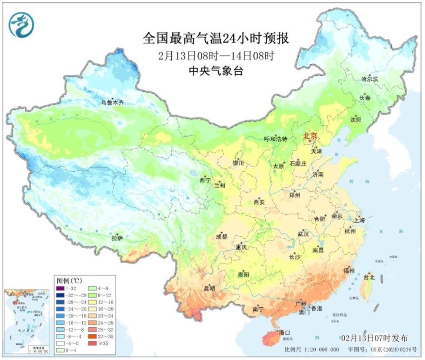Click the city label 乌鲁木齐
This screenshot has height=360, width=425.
[x=112, y=103]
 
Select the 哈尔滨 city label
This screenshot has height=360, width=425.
[x=370, y=79]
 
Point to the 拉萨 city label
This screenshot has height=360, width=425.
[x=117, y=238]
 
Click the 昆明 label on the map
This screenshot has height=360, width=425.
[x=209, y=288]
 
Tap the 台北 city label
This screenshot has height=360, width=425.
[x=369, y=277]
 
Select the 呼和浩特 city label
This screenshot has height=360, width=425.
[x=276, y=139]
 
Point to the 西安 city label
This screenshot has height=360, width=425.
[x=259, y=202]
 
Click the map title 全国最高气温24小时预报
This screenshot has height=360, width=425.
[x=216, y=39]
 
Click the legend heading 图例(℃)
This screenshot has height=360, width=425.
[x=69, y=281]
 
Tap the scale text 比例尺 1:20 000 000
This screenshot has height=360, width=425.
[x=312, y=349]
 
